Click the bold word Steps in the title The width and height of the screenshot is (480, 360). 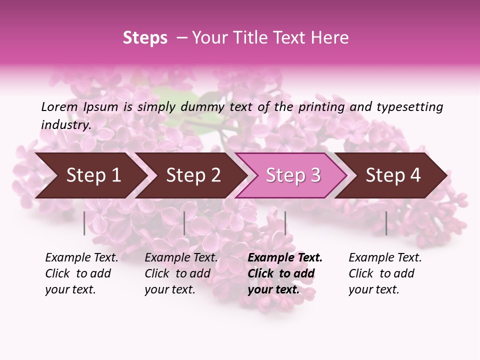coord(145,38)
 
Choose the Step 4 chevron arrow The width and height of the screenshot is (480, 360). coord(393,175)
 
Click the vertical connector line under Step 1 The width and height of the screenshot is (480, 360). coord(84,223)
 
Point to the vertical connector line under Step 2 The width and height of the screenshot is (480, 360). coord(184,223)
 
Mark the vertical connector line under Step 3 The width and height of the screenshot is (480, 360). coord(285,223)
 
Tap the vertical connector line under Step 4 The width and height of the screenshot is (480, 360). coord(386,223)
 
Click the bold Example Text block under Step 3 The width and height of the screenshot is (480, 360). coord(285,273)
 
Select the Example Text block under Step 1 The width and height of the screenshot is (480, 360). coord(81,273)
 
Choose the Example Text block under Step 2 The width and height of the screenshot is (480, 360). coord(181,273)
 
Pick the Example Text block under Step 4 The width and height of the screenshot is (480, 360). coord(385,273)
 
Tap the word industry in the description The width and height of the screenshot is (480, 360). coord(65,124)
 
